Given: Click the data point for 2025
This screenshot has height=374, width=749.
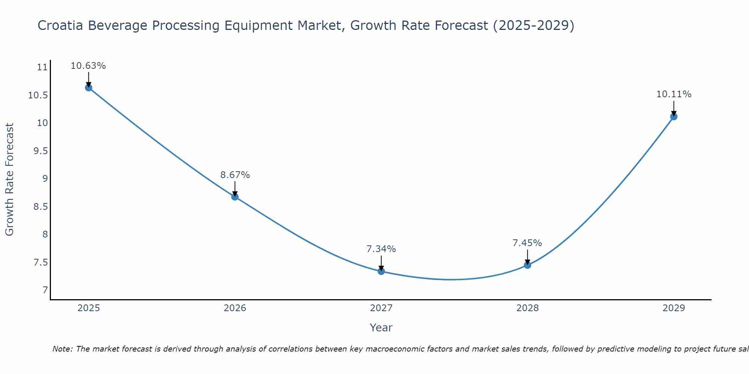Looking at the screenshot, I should (88, 88).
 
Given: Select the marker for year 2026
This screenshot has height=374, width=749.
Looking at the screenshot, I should (235, 197).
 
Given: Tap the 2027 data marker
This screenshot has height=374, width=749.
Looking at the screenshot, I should (381, 271).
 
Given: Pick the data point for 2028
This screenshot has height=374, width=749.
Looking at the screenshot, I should (527, 265).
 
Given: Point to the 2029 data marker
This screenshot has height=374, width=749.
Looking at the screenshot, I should (674, 116).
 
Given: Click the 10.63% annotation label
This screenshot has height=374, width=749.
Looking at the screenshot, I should (88, 66).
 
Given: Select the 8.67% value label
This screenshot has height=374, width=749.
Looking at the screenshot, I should (235, 175).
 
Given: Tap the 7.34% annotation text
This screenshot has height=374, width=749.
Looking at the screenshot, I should (381, 249).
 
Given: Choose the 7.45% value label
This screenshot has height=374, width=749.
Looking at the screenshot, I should (527, 243).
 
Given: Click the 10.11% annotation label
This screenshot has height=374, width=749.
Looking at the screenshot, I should (674, 94).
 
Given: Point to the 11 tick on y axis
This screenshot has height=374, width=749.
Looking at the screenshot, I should (42, 67).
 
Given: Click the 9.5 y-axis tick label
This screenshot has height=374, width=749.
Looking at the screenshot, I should (40, 151).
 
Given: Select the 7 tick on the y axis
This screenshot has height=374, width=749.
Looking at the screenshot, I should (45, 290).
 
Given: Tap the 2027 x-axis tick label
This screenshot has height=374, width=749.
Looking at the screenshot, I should (381, 308).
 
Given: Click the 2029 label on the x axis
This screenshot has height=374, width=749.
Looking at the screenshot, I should (674, 308).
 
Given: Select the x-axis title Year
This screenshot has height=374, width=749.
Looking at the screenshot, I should (381, 328).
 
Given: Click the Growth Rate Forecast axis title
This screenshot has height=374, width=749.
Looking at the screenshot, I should (9, 180).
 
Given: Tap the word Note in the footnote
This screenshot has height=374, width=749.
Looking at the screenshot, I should (62, 349).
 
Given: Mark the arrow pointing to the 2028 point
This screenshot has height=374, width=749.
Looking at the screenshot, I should (527, 257).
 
